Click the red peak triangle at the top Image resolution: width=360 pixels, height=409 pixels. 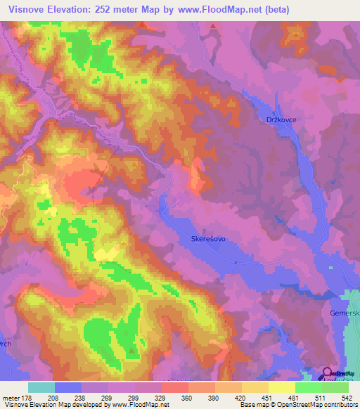(x=212, y=26)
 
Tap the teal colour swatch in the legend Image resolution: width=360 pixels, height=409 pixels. (x=41, y=387)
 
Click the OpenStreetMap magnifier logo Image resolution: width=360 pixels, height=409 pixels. (x=327, y=374)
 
